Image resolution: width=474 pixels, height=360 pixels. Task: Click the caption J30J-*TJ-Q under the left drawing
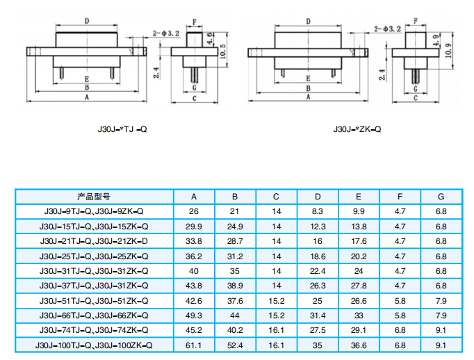pos(122,129)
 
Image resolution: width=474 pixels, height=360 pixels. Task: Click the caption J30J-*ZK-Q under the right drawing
pos(357,129)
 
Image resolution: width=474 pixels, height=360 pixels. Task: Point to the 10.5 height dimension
pos(223,51)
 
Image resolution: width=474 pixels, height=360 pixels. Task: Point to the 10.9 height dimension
pos(449,50)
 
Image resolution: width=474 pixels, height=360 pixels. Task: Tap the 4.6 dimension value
pos(210,38)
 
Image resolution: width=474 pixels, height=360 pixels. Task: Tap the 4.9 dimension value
pos(436,40)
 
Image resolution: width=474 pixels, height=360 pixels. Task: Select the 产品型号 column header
pos(93,197)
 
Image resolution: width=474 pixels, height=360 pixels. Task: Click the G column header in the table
pos(441,197)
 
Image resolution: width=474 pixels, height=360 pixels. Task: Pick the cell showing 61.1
pos(193,345)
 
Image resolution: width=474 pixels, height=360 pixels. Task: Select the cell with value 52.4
pos(235,345)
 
